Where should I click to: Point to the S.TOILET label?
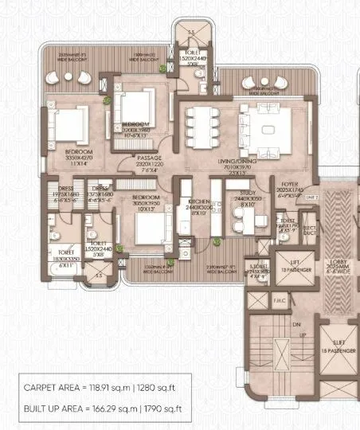(256, 268)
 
